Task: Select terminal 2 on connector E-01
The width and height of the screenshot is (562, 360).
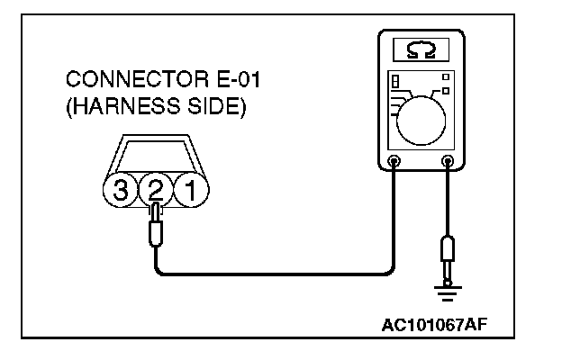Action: (x=154, y=190)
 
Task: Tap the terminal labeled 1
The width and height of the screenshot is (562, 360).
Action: (x=189, y=190)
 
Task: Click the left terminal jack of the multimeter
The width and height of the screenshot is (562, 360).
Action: (x=394, y=163)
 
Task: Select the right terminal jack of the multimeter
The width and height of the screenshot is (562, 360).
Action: (x=447, y=163)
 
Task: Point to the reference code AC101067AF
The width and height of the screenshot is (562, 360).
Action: (x=435, y=323)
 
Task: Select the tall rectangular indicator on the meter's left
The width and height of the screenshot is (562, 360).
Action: (x=394, y=84)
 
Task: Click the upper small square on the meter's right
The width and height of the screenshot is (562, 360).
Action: (x=444, y=76)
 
